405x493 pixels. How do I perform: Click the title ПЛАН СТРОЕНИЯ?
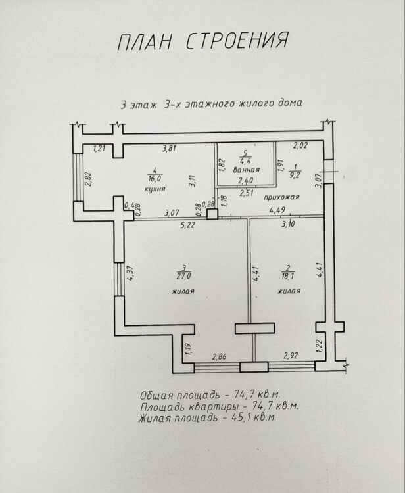coord(202,41)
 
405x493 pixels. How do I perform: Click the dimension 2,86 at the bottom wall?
coord(220,356)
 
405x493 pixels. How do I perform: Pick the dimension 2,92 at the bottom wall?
coord(291,356)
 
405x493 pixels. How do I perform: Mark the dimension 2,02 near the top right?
coord(300,145)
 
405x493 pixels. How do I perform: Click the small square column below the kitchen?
coord(212,214)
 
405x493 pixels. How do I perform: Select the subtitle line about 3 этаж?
coord(211,105)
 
